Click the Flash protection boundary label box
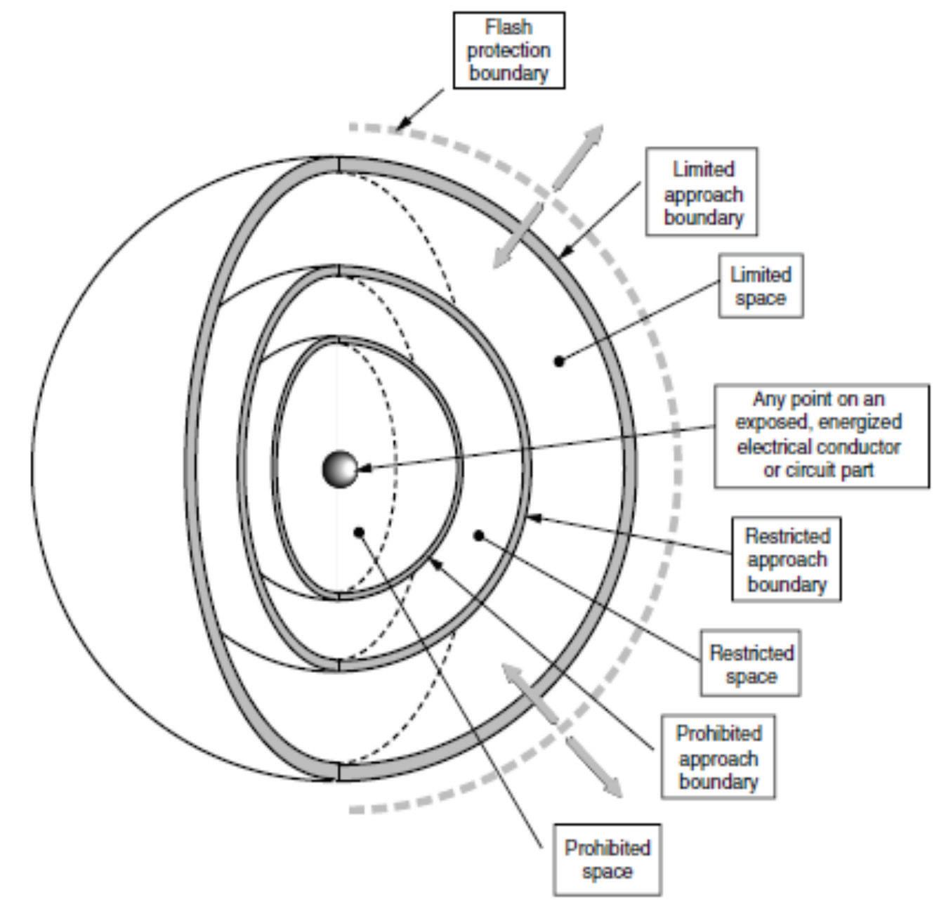click(x=508, y=50)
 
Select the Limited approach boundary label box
click(x=702, y=191)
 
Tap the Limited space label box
click(x=761, y=285)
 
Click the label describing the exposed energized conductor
click(x=821, y=436)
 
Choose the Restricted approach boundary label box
click(x=786, y=559)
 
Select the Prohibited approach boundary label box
click(x=718, y=757)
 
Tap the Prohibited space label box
click(x=607, y=859)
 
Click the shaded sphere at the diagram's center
click(x=340, y=469)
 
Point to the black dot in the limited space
click(x=559, y=361)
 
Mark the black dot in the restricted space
click(x=479, y=535)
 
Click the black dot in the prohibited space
click(x=359, y=532)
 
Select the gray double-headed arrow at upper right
click(x=546, y=196)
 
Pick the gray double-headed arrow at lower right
click(x=562, y=731)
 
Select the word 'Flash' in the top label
click(x=508, y=27)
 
